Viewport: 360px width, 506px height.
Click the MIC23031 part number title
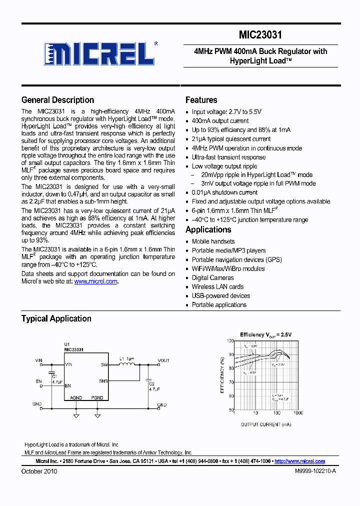point(260,35)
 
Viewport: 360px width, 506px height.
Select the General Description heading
point(57,100)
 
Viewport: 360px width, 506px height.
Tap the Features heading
point(201,100)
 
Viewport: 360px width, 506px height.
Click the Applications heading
point(208,230)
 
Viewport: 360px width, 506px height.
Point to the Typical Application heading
point(56,318)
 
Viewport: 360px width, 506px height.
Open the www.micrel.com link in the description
point(95,281)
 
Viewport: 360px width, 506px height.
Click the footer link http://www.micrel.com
point(299,461)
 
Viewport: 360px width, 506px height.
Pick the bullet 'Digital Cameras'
point(212,278)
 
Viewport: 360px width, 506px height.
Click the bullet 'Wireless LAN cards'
point(217,287)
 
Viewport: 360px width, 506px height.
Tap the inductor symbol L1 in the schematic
point(128,365)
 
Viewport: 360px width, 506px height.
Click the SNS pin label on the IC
point(103,381)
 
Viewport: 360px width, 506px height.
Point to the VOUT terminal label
point(163,360)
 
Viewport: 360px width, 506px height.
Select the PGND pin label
point(97,397)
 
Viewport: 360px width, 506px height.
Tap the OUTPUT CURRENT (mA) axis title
point(266,424)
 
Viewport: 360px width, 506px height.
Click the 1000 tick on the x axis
point(297,413)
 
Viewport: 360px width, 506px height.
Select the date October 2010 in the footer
point(39,471)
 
